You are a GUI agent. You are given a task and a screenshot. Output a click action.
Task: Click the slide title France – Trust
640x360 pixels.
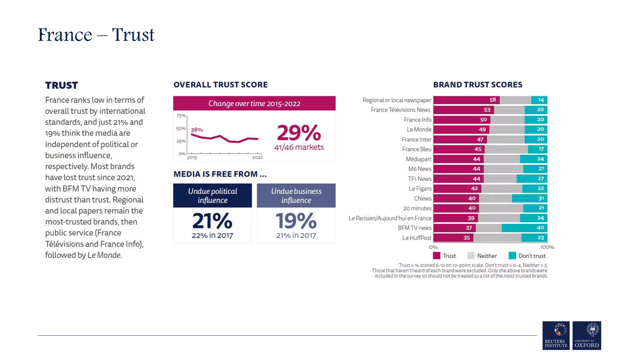pos(96,35)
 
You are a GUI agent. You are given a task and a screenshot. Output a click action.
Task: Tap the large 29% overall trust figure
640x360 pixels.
pos(299,133)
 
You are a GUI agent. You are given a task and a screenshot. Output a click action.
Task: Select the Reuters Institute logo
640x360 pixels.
pos(556,335)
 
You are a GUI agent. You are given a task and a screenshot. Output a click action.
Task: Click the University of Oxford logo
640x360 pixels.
pos(587,335)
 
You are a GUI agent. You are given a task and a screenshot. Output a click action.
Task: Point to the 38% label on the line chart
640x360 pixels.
pos(197,130)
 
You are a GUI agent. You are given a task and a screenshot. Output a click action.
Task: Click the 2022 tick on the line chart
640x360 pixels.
pos(257,157)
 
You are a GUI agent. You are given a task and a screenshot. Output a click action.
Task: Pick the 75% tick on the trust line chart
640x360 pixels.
pos(181,116)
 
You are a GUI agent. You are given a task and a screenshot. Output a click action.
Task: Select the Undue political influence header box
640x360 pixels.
pos(212,196)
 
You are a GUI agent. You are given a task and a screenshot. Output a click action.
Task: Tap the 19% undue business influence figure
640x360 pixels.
pos(296,221)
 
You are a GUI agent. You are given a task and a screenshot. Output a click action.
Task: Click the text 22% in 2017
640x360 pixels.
pos(212,235)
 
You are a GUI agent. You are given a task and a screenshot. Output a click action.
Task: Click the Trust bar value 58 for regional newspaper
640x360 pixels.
pos(492,100)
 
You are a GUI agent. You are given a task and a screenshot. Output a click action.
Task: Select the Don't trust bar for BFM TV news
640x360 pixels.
pos(524,228)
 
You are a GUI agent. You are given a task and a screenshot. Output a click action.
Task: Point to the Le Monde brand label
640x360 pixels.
pos(419,129)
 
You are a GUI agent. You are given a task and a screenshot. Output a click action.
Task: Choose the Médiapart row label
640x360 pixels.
pos(418,159)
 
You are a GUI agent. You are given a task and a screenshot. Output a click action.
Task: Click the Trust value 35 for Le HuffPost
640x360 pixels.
pos(467,238)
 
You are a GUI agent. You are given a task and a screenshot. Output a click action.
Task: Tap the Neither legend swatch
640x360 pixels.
pos(471,256)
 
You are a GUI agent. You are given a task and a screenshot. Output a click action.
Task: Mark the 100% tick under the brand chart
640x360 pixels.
pos(547,247)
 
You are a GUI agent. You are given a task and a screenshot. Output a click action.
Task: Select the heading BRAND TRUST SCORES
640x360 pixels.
pos(477,85)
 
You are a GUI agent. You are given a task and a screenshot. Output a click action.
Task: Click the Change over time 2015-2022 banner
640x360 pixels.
pos(254,103)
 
